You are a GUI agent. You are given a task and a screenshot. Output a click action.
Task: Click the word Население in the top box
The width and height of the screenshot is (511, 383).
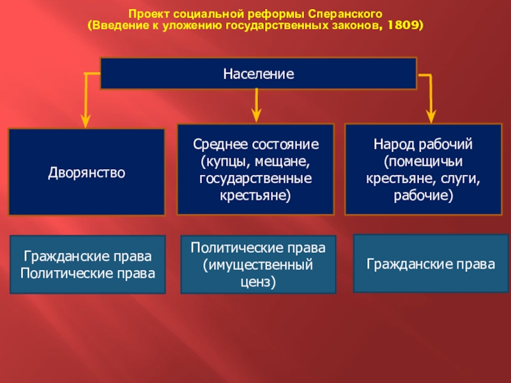point(258,74)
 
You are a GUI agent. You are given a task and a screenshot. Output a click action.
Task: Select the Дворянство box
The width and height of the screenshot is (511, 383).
point(86,172)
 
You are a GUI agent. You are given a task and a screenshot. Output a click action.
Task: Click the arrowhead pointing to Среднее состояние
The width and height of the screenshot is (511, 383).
point(256,114)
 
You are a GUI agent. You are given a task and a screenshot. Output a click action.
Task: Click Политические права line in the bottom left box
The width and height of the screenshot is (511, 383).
point(88,274)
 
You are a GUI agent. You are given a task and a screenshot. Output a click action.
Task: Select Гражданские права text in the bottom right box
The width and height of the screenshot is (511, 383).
point(431,263)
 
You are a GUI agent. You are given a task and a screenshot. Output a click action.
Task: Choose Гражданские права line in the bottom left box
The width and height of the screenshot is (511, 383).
point(88,257)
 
